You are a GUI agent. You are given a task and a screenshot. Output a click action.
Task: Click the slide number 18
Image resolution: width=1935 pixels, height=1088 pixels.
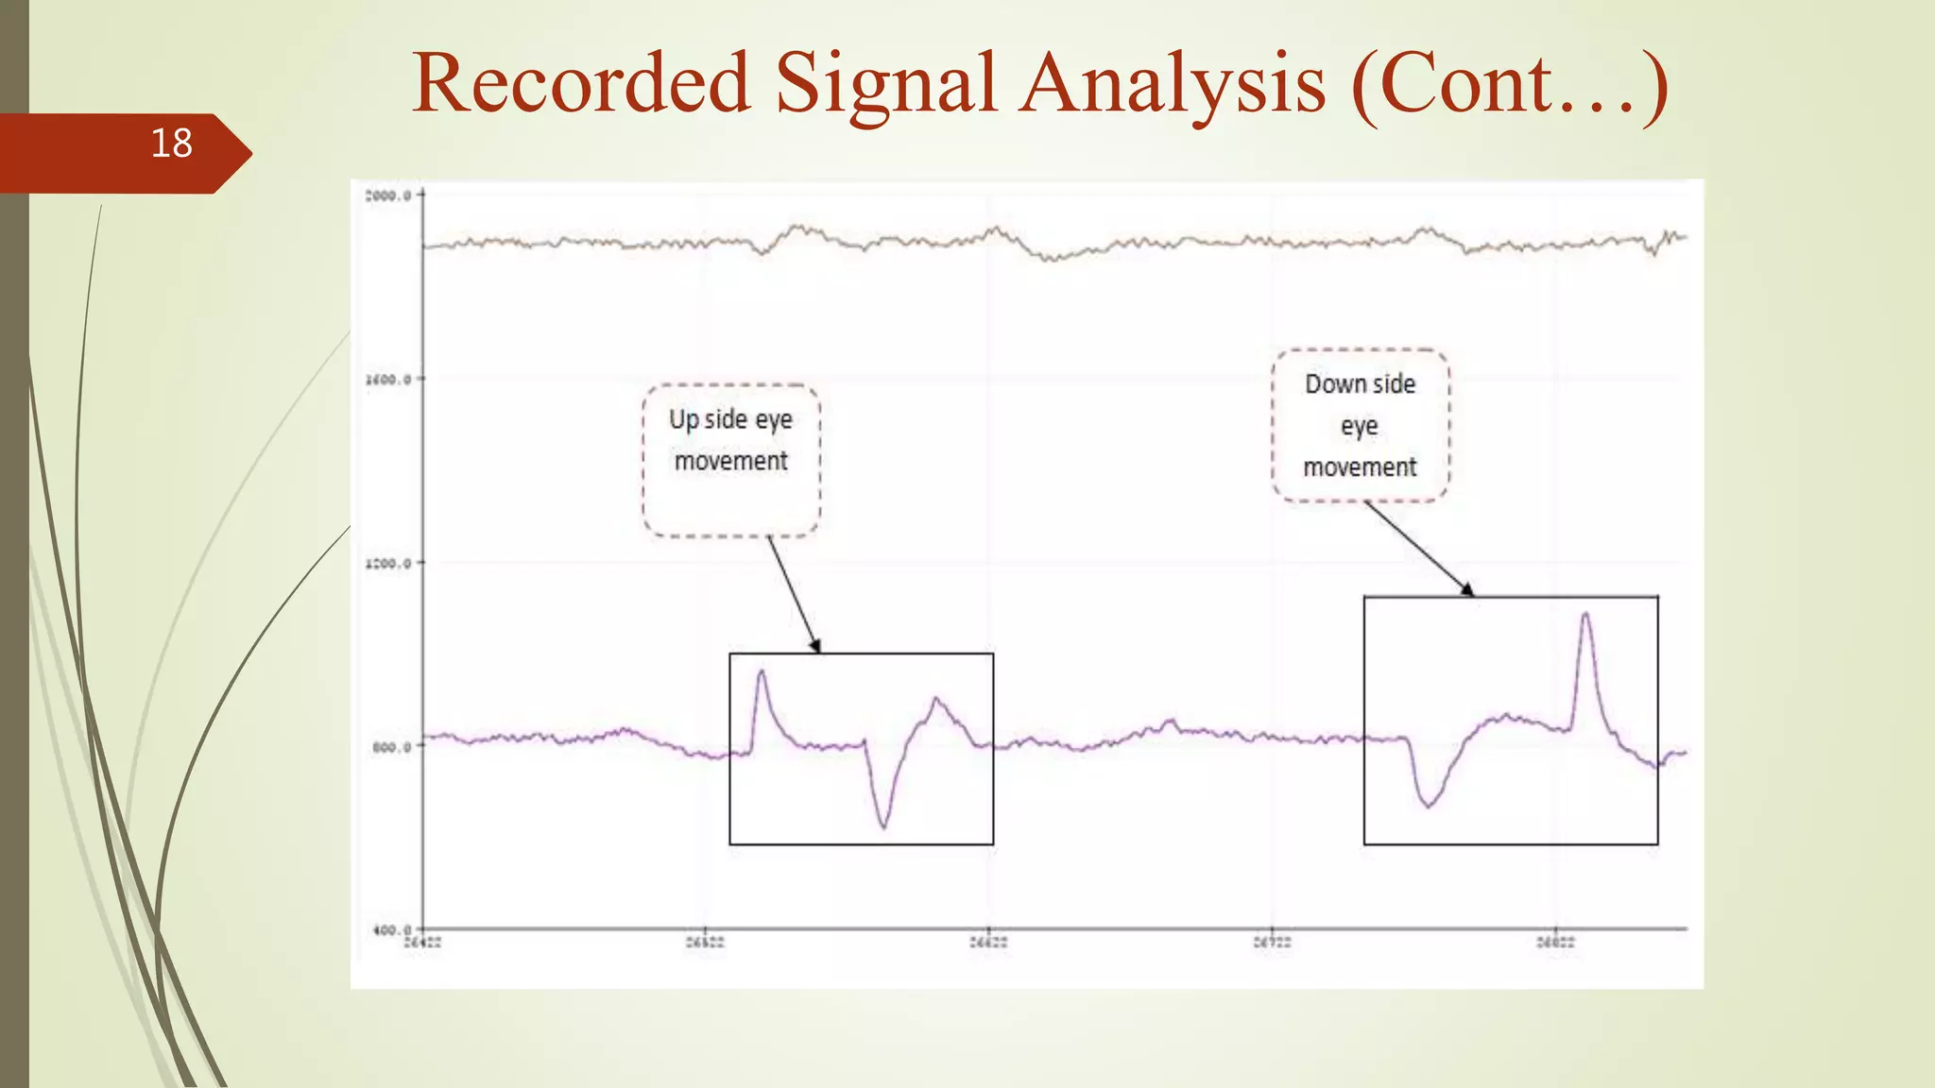tap(171, 144)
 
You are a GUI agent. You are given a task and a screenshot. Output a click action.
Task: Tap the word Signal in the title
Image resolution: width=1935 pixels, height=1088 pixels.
tap(885, 83)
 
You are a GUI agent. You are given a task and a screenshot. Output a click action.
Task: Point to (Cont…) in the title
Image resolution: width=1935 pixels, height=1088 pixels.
tap(1509, 83)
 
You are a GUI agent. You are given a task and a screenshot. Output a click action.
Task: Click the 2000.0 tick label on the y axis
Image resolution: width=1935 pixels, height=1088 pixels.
tap(387, 195)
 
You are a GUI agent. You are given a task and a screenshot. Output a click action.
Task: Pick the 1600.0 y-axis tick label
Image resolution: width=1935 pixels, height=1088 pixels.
tap(387, 380)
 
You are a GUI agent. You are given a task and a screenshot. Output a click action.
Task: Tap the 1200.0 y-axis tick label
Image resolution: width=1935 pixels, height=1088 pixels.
tap(387, 564)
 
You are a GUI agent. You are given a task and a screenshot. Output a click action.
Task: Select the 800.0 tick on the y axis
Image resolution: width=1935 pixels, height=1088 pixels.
tap(391, 747)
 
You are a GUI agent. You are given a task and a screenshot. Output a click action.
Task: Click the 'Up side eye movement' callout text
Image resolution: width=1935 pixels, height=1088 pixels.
tap(730, 440)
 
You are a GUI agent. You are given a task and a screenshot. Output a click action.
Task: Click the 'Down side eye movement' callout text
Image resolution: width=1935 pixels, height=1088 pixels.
tap(1360, 425)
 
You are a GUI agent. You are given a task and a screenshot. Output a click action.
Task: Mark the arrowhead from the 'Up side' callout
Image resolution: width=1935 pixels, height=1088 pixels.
tap(816, 647)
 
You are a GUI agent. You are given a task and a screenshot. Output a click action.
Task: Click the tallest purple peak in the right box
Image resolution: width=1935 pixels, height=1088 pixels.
tap(1584, 615)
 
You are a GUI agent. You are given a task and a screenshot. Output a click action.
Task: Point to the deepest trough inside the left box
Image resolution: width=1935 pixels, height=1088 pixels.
tap(883, 826)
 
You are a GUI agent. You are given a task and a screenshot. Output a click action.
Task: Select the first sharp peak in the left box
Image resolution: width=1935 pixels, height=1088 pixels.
tap(762, 672)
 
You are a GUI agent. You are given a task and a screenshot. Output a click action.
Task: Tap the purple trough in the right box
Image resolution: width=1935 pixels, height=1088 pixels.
tap(1428, 806)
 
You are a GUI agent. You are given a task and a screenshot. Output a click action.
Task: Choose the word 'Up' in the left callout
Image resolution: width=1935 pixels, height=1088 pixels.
tap(683, 419)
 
